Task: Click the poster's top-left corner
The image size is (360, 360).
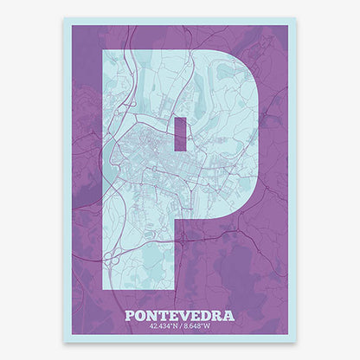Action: click(64, 20)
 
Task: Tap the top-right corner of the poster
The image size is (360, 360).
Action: click(296, 20)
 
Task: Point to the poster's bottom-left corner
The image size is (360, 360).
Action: click(64, 340)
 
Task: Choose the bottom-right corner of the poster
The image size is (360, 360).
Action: click(296, 340)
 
